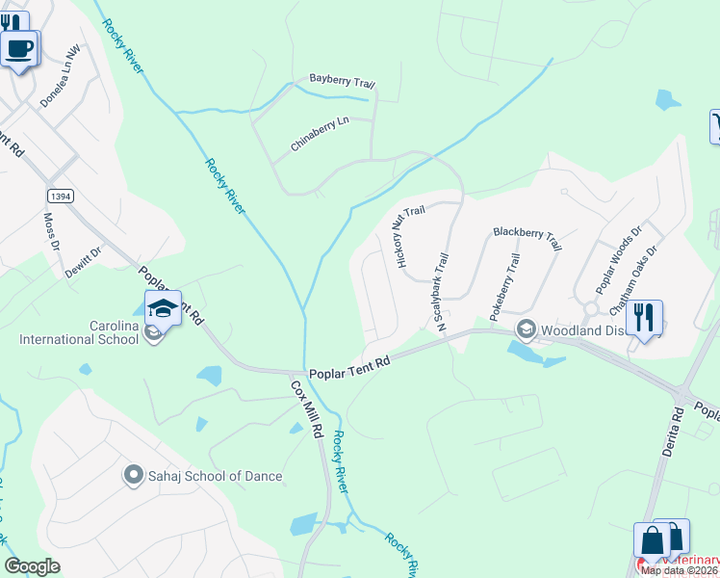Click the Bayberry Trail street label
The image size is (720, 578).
(342, 81)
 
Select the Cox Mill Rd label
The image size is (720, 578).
(307, 409)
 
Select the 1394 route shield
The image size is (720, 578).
(61, 196)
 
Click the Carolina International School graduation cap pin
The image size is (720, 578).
(163, 308)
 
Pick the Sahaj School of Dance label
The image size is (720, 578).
(215, 476)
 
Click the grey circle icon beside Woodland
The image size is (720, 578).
(526, 329)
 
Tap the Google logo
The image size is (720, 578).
(33, 565)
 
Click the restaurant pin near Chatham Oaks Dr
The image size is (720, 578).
(644, 317)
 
